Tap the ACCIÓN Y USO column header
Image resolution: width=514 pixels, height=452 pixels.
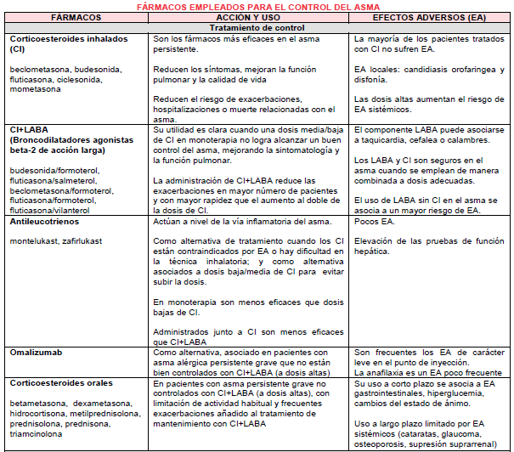250,17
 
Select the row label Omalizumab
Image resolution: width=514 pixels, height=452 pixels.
37,351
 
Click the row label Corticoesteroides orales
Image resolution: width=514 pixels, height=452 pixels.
62,383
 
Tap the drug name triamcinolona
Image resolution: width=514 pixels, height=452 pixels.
37,432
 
